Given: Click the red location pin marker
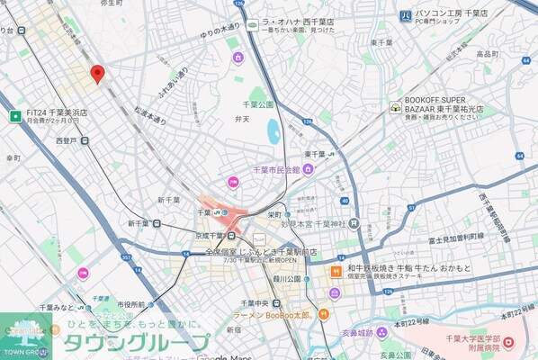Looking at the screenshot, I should point(97,74).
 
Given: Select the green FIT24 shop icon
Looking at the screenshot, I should point(14,115).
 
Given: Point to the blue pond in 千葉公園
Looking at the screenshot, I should point(273,131).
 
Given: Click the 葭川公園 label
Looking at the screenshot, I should point(288,279).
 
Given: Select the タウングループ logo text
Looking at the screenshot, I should point(135,343).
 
